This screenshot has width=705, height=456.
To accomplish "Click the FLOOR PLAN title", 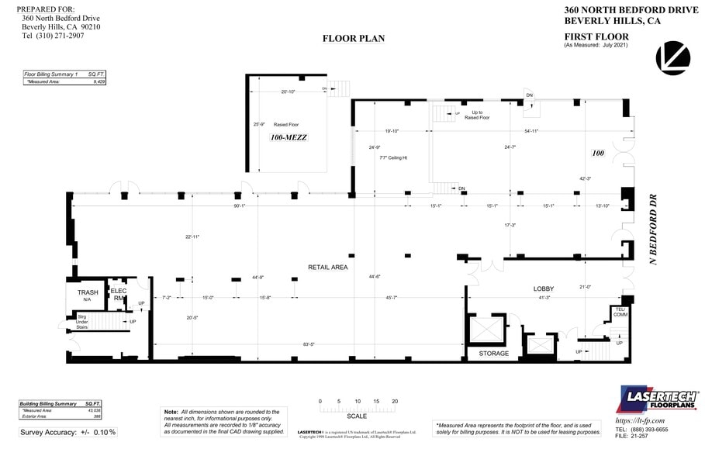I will click(353, 39).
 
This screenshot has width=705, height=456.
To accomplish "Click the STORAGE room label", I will click(493, 354).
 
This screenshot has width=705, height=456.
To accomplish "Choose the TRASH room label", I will click(88, 292).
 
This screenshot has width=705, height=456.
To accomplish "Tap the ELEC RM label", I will click(119, 295).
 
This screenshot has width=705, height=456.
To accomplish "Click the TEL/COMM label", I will click(620, 312).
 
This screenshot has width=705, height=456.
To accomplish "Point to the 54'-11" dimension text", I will click(531, 131).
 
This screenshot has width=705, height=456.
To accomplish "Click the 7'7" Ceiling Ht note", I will click(394, 157).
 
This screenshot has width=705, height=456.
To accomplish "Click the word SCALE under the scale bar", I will click(357, 416).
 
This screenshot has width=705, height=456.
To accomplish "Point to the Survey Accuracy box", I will click(68, 432).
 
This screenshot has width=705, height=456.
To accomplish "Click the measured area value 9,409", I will click(99, 81).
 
